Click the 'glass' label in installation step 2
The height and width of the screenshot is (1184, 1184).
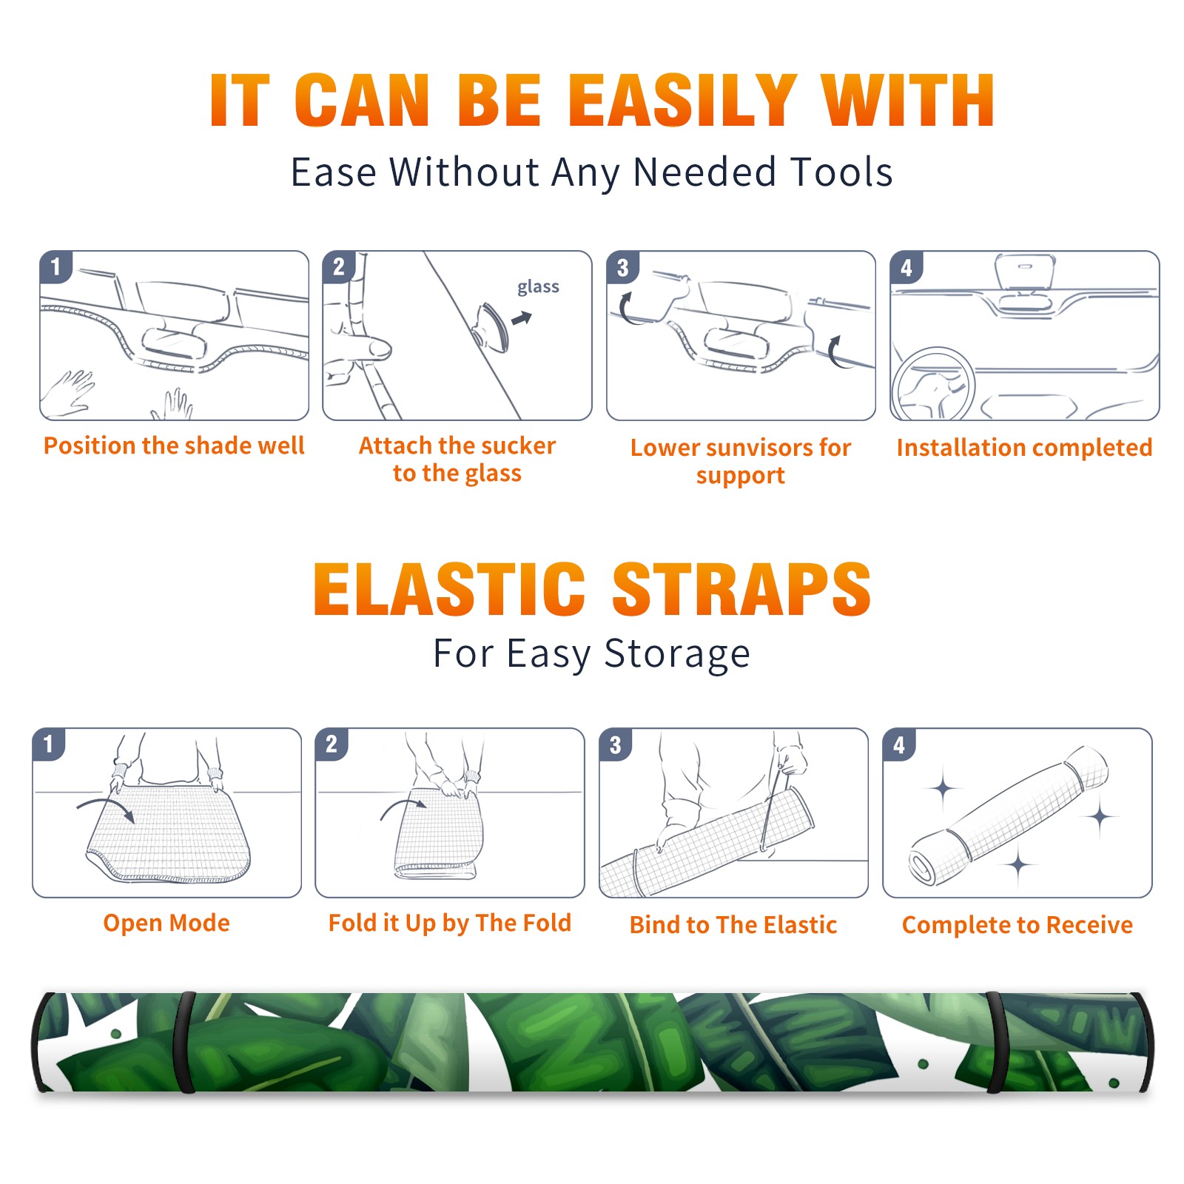pyautogui.click(x=538, y=286)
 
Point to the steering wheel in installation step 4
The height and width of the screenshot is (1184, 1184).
pyautogui.click(x=933, y=385)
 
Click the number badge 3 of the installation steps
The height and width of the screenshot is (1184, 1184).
pyautogui.click(x=622, y=267)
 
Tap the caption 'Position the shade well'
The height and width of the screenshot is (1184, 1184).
pyautogui.click(x=174, y=445)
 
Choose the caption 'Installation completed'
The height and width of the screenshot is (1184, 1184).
pyautogui.click(x=1024, y=447)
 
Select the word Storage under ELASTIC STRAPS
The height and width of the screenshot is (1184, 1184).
pyautogui.click(x=677, y=654)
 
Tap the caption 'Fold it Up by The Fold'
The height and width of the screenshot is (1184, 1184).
pyautogui.click(x=450, y=923)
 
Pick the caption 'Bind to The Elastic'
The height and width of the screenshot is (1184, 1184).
pyautogui.click(x=733, y=925)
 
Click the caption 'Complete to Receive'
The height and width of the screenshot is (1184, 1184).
pyautogui.click(x=1017, y=925)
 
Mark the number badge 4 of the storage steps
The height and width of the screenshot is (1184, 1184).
pyautogui.click(x=899, y=744)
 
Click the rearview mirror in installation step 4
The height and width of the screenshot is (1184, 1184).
pyautogui.click(x=1025, y=275)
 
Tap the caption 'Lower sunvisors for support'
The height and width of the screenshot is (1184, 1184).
pyautogui.click(x=741, y=461)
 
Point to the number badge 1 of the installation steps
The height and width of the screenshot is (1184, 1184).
pyautogui.click(x=55, y=266)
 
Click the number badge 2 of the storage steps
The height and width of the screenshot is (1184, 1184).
pyautogui.click(x=332, y=744)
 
